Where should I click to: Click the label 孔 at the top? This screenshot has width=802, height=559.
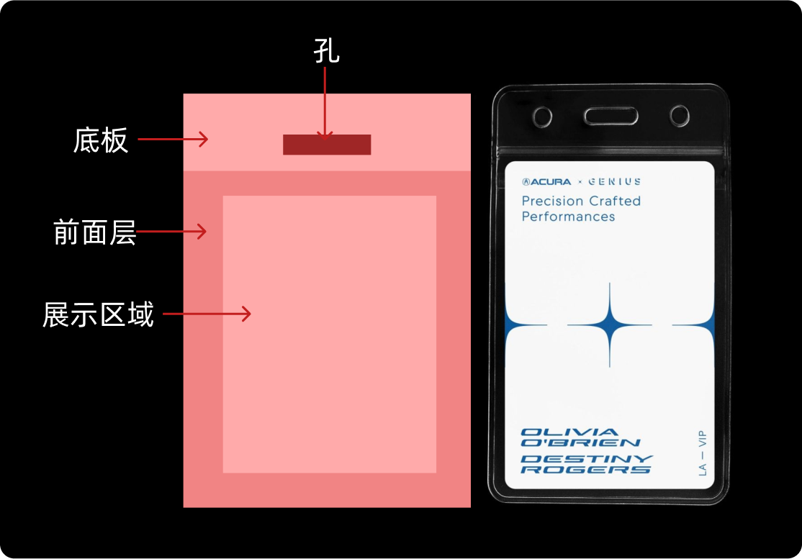click(x=326, y=52)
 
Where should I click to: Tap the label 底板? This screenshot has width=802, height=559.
click(x=101, y=140)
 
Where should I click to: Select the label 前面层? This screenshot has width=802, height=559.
click(x=94, y=232)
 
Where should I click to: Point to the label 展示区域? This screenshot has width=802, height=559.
click(x=98, y=315)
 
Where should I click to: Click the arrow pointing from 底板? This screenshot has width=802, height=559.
click(x=173, y=139)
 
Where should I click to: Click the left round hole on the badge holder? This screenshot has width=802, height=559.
click(x=542, y=116)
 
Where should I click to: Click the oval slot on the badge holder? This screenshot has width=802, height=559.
click(x=610, y=116)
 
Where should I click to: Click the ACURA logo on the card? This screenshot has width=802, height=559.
click(x=546, y=182)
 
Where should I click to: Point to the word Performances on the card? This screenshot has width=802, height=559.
click(x=568, y=217)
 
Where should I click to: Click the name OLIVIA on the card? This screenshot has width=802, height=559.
click(x=559, y=432)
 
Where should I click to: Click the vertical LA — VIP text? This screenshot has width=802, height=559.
click(x=702, y=453)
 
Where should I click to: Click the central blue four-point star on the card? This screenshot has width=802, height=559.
click(x=610, y=325)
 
